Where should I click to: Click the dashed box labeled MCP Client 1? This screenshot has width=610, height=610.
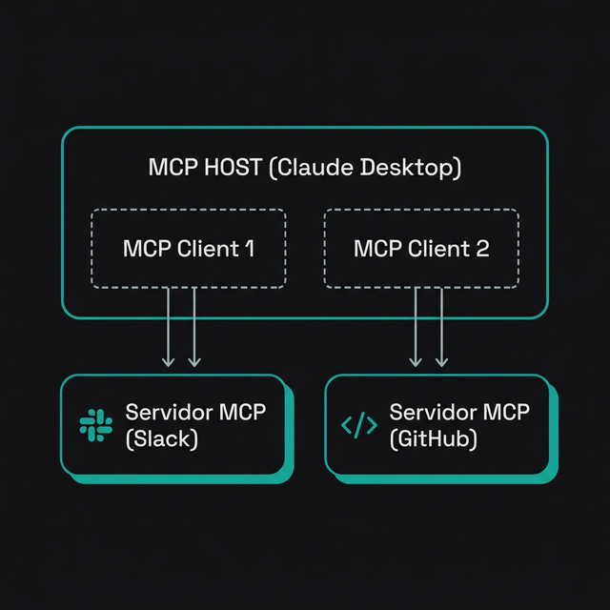(189, 249)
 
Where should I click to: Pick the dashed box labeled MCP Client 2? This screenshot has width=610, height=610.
(421, 249)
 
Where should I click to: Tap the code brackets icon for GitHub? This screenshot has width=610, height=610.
(358, 425)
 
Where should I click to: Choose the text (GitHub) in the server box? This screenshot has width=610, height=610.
(434, 439)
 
